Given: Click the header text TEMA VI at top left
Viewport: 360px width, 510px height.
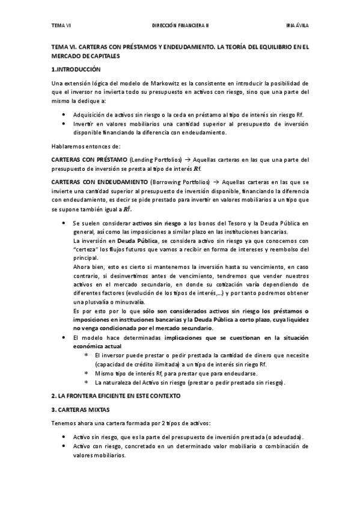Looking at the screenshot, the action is pyautogui.click(x=61, y=26).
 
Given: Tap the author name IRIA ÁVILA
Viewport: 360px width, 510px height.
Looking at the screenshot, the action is pyautogui.click(x=297, y=26).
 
